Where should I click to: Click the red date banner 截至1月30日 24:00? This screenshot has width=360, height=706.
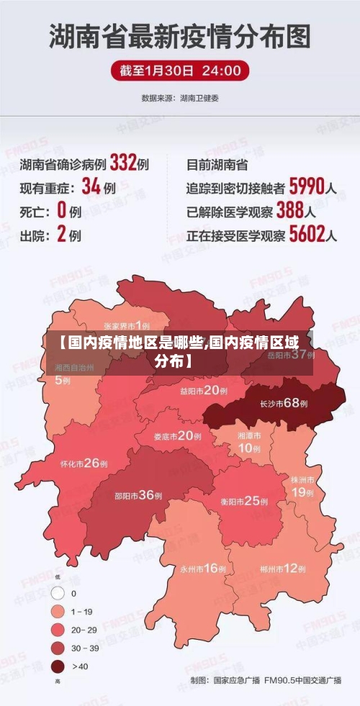pyautogui.click(x=180, y=71)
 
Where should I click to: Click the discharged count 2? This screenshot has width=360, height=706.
pyautogui.click(x=61, y=234)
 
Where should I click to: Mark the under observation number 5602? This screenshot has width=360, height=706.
pyautogui.click(x=306, y=234)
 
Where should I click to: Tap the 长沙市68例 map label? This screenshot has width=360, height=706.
pyautogui.click(x=284, y=404)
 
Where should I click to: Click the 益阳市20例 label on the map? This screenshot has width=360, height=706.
pyautogui.click(x=204, y=391)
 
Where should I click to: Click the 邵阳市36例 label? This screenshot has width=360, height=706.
pyautogui.click(x=139, y=494)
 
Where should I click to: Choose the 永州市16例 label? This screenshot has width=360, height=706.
pyautogui.click(x=203, y=569)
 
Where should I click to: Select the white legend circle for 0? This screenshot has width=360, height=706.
pyautogui.click(x=58, y=594)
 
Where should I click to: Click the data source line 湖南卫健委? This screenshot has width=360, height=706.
pyautogui.click(x=180, y=97)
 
